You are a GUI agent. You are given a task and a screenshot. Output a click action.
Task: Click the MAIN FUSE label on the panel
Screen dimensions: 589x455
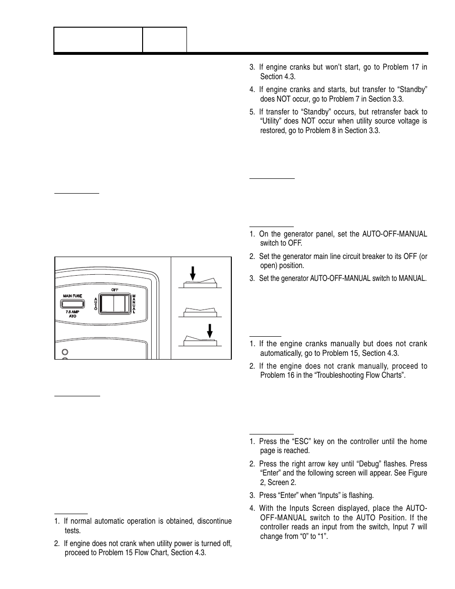72,296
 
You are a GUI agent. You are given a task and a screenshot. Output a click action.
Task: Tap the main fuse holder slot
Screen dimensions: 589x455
72,303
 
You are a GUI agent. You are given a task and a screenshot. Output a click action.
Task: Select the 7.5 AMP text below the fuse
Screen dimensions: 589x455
72,311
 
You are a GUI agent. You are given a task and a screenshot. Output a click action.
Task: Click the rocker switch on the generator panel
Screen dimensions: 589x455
114,304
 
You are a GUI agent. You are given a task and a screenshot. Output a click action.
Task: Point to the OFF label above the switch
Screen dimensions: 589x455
114,290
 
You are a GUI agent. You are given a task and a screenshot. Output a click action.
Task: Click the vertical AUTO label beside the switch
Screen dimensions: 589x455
96,304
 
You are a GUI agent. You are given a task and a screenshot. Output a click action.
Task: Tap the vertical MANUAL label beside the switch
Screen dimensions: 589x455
134,304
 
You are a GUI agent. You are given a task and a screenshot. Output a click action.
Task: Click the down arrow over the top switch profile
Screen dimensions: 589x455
193,273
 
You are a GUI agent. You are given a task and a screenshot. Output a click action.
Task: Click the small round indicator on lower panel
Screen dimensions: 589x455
64,352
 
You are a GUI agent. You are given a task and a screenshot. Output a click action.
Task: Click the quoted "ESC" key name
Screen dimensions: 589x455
300,441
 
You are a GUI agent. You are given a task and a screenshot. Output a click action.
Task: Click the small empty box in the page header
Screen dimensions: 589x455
165,40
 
